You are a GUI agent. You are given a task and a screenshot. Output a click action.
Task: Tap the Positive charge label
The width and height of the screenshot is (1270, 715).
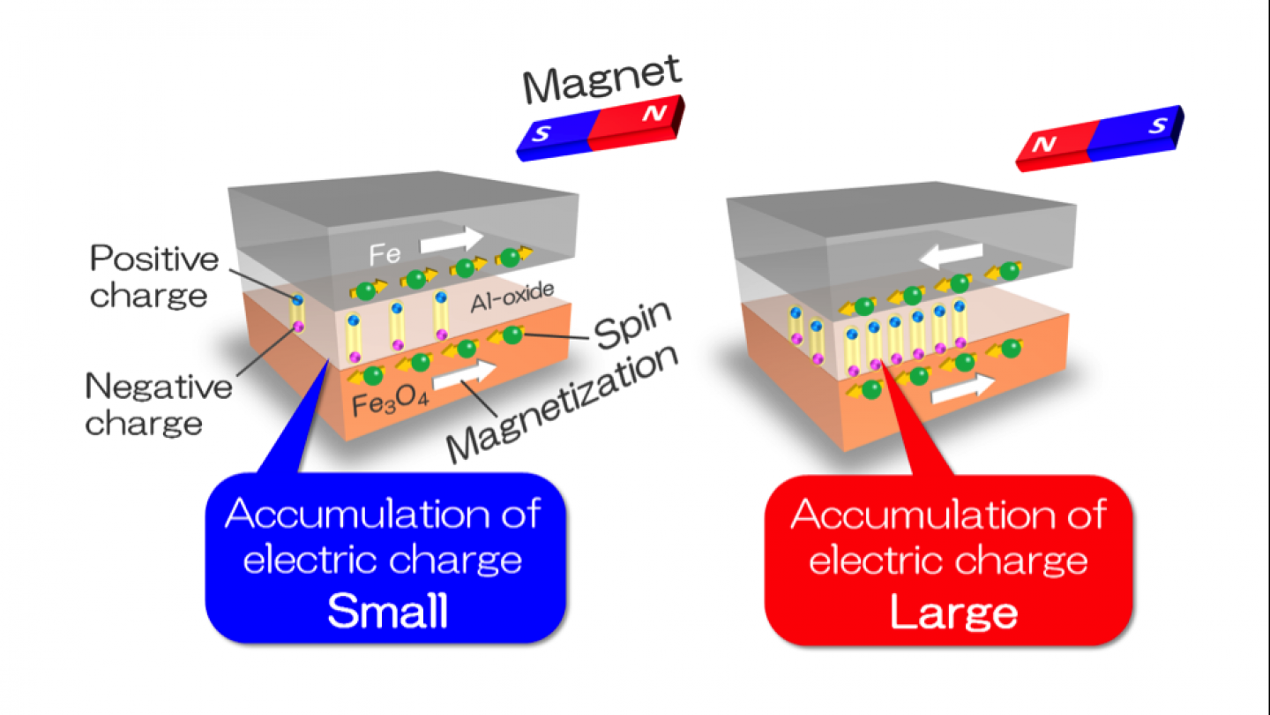tap(154, 276)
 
